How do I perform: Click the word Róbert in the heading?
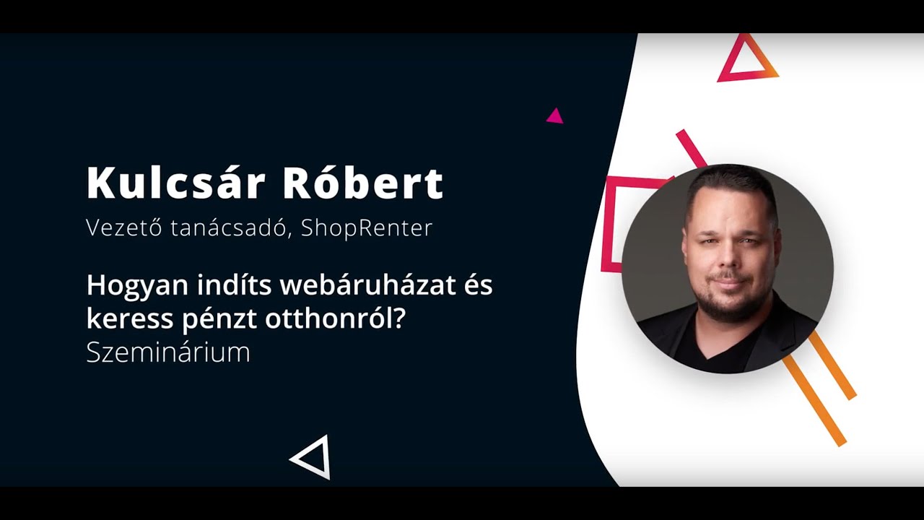pyautogui.click(x=363, y=183)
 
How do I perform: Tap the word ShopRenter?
pyautogui.click(x=367, y=227)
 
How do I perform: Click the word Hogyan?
pyautogui.click(x=130, y=286)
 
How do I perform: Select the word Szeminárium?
pyautogui.click(x=168, y=352)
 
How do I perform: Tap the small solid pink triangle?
pyautogui.click(x=554, y=116)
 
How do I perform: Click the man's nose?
pyautogui.click(x=728, y=261)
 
